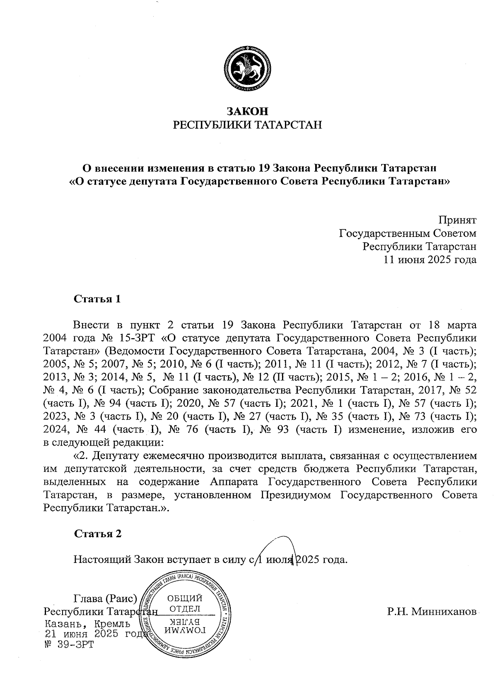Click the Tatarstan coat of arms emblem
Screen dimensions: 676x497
coord(247,68)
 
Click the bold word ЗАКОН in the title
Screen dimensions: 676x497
coord(247,111)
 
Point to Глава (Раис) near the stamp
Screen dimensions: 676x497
coord(105,599)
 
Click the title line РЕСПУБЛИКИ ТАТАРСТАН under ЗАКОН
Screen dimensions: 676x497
coord(247,125)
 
